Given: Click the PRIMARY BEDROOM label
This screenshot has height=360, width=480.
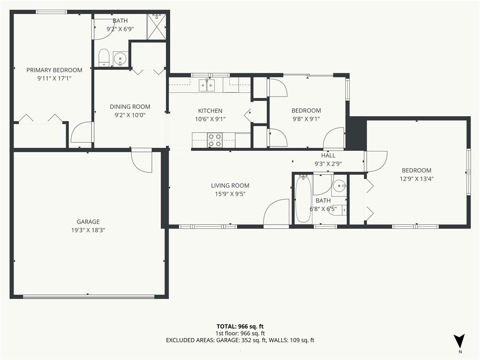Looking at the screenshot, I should tap(54, 70).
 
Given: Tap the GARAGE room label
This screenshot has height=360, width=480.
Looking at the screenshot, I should tap(88, 222).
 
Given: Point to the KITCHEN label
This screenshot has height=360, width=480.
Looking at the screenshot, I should tap(210, 111).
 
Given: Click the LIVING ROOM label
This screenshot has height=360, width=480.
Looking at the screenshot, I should tap(230, 186).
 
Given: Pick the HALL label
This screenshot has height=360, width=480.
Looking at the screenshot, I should tap(328, 156).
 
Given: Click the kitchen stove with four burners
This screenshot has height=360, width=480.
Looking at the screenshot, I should tap(215, 140).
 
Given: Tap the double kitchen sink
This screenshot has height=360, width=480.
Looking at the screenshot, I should tap(207, 85).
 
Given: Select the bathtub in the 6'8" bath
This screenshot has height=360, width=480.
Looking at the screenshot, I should tap(303, 199).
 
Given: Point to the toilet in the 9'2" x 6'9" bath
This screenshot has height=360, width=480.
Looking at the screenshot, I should tap(104, 58).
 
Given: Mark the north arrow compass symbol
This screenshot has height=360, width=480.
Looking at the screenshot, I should tap(460, 341).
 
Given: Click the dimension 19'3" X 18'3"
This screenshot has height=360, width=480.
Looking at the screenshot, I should tap(88, 230).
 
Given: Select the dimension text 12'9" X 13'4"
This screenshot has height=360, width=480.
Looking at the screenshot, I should tap(416, 178).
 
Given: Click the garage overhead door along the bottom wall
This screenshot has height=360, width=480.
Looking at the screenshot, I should tap(89, 296).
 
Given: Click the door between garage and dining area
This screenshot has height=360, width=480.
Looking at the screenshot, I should tap(142, 161).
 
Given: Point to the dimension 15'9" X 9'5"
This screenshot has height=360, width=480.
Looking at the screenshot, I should tap(230, 194).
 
